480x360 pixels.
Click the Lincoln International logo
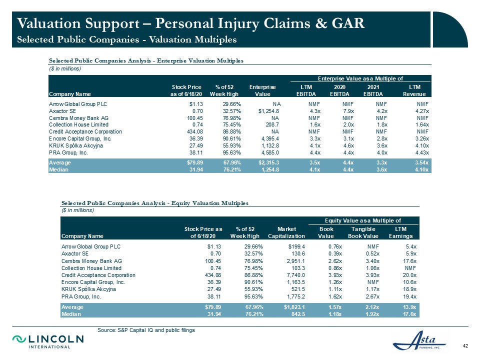48,341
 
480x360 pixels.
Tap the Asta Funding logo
419,340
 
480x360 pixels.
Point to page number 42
465,346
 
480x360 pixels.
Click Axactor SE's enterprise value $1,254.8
268,111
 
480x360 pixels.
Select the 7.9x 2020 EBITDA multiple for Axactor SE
348,111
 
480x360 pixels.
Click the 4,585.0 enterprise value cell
270,152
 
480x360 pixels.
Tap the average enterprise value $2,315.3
268,162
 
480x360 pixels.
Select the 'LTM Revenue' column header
414,90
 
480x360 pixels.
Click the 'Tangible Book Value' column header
363,232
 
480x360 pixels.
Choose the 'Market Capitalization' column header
286,232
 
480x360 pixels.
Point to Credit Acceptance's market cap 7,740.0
295,275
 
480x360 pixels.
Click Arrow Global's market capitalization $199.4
296,246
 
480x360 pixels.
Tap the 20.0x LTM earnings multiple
409,275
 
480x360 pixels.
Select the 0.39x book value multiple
335,254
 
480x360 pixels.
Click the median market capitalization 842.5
297,314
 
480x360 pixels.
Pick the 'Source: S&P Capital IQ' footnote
146,330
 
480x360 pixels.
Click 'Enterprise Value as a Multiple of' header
360,78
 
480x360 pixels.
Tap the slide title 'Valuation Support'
78,23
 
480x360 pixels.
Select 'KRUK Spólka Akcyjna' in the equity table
89,289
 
